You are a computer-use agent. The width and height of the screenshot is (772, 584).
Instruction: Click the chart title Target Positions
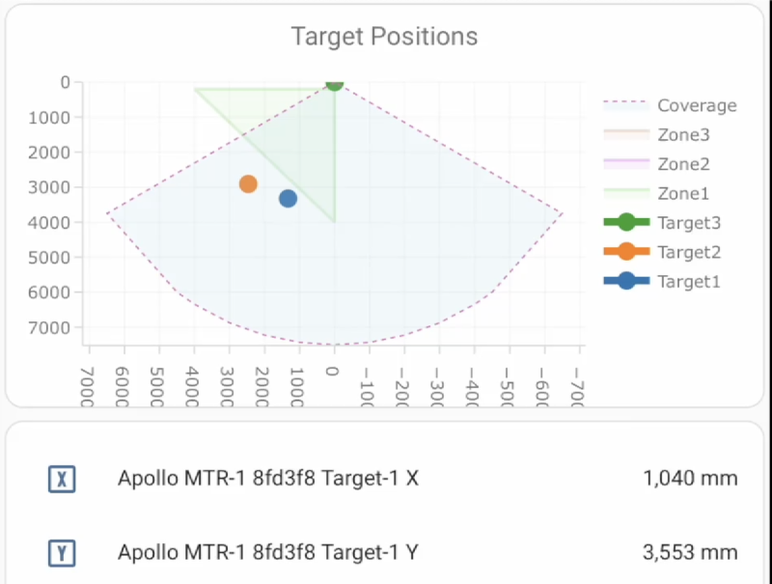[x=384, y=37]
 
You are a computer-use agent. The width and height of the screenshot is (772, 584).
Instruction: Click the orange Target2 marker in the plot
[x=248, y=184]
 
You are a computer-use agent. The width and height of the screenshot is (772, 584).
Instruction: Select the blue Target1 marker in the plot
[x=288, y=199]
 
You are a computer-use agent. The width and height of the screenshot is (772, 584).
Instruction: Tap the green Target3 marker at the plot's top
[x=334, y=83]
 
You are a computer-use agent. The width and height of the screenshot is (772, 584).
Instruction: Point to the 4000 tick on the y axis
[x=51, y=222]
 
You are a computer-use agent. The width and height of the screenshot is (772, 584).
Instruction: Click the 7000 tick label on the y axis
[x=51, y=327]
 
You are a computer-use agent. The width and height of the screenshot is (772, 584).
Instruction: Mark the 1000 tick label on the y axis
[x=51, y=118]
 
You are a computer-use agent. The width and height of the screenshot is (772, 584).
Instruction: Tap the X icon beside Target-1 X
[x=62, y=478]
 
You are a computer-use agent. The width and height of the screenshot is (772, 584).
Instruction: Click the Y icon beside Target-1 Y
[x=62, y=553]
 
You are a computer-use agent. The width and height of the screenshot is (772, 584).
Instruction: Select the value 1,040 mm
[x=690, y=478]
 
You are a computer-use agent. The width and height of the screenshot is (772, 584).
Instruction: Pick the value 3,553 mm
[x=690, y=553]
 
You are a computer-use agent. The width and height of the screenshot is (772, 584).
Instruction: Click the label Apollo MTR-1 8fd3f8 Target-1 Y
[x=268, y=553]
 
